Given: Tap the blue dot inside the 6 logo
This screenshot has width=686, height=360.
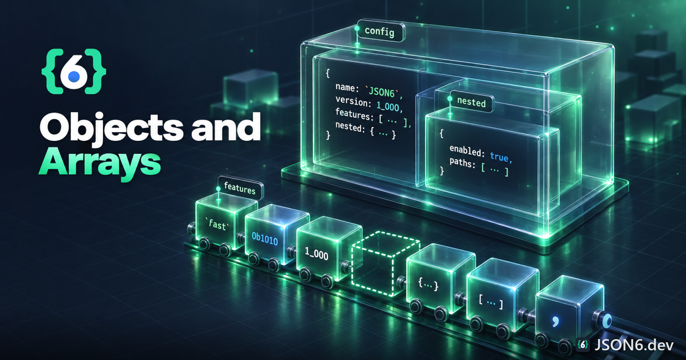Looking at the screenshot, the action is [x=74, y=76].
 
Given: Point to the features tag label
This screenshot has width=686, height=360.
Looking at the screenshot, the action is [x=240, y=187].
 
